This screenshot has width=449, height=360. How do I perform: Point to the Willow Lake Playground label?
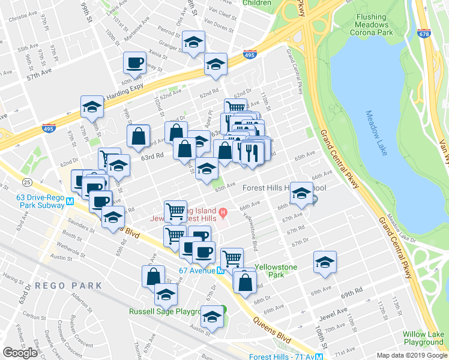(x=424, y=338)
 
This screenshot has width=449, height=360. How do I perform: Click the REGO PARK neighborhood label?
(x=68, y=286)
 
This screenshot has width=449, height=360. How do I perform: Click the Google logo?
(x=20, y=352)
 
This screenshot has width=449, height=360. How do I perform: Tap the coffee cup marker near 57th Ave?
(x=134, y=62)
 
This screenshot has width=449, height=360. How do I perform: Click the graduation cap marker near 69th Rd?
(x=325, y=262)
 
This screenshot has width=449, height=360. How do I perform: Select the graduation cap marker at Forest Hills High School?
(x=302, y=193)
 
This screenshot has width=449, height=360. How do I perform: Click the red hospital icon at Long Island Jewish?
(x=223, y=211)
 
